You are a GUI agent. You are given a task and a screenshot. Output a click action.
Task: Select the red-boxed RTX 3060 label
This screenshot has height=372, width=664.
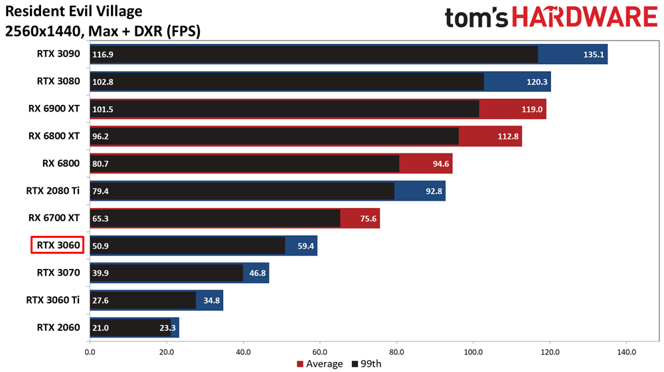pos(58,245)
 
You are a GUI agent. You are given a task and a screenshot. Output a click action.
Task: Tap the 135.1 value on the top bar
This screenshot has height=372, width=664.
pos(594,54)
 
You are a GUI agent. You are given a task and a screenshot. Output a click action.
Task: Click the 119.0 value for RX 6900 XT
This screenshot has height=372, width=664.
pos(533,109)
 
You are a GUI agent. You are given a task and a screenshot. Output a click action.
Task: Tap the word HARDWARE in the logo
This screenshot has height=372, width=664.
pos(587,17)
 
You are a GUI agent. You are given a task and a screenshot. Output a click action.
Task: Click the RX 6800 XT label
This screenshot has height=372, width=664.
pos(54,136)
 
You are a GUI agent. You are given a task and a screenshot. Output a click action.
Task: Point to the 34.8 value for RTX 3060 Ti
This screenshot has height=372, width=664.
pos(211,300)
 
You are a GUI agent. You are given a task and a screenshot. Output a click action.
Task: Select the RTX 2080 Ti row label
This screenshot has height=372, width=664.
pos(53,191)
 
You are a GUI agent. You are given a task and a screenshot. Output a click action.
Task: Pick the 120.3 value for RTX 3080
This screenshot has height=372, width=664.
pos(537,82)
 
